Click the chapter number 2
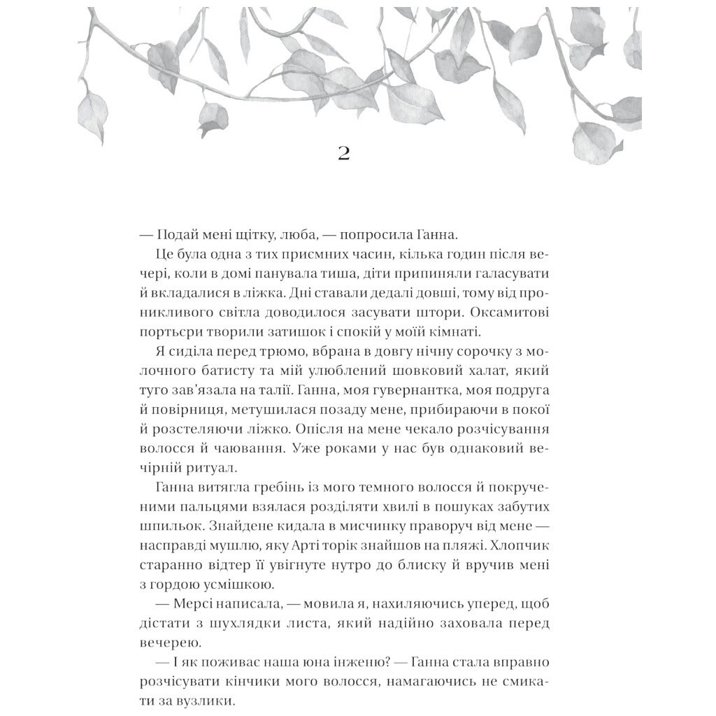click(343, 153)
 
